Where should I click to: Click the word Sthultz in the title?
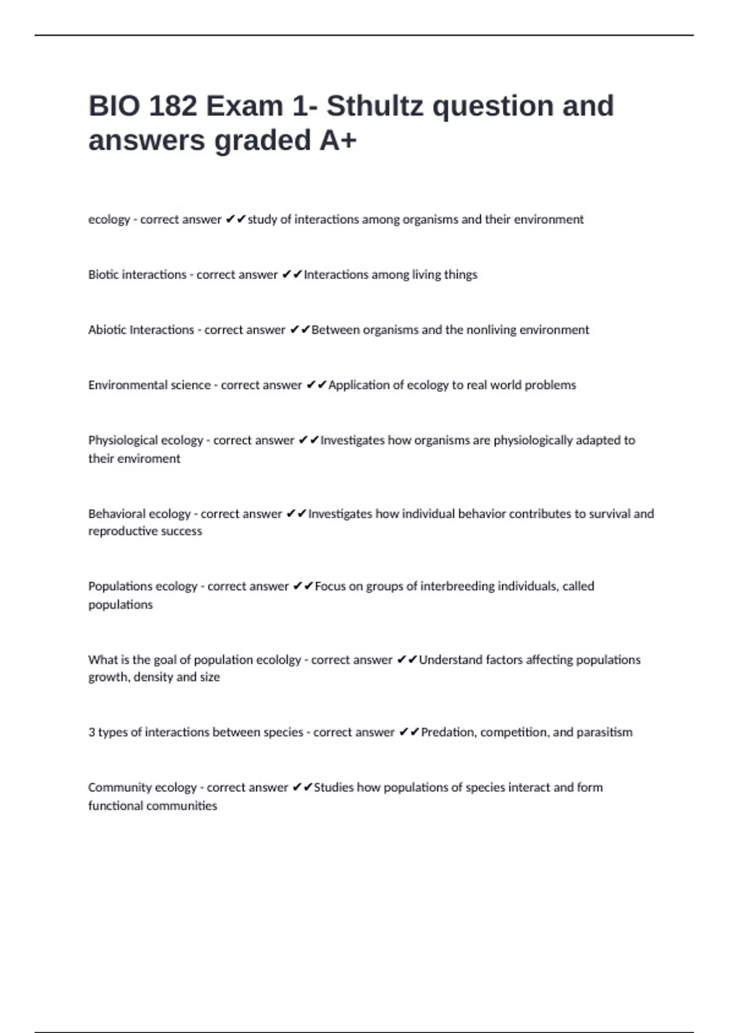point(375,106)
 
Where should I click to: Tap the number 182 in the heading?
point(173,106)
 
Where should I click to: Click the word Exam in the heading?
point(244,106)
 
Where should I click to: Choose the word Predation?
point(448,732)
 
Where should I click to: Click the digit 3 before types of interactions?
point(92,732)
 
